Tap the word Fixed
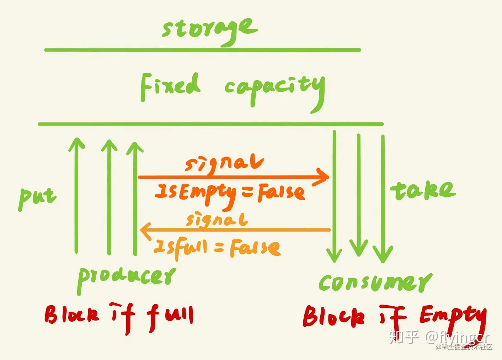pyautogui.click(x=170, y=86)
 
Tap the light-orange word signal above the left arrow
pyautogui.click(x=217, y=220)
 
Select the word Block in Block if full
pyautogui.click(x=71, y=314)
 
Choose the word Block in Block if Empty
pyautogui.click(x=333, y=317)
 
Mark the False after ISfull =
pyautogui.click(x=255, y=248)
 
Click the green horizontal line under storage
pyautogui.click(x=203, y=50)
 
